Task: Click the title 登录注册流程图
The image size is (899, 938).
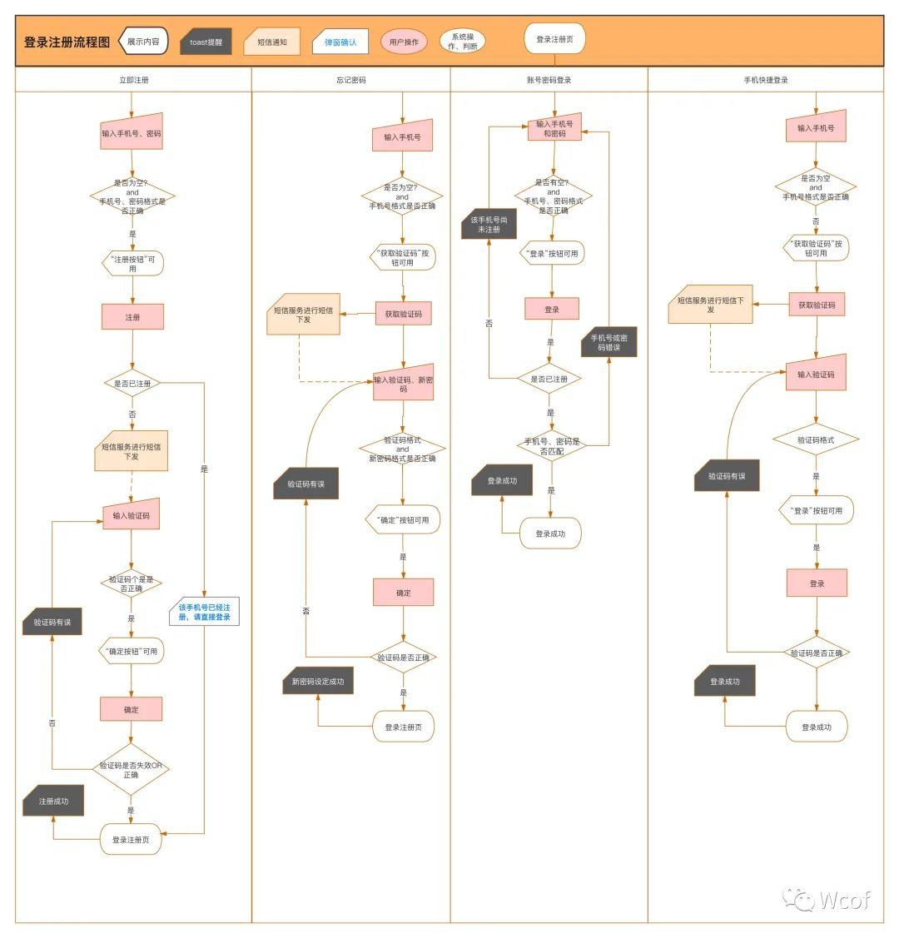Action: coord(67,42)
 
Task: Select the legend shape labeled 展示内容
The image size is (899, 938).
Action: coord(143,42)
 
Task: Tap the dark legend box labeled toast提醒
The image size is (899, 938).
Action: coord(206,42)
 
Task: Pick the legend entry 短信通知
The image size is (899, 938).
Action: coord(271,42)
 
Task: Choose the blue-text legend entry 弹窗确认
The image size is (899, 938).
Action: coord(340,42)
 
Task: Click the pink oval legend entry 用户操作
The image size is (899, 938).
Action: coord(404,42)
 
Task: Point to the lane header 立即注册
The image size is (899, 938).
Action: coord(133,80)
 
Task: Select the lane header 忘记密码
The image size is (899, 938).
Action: coord(351,80)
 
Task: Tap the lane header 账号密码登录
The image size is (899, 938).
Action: coord(549,80)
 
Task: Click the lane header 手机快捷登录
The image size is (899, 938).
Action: coord(766,80)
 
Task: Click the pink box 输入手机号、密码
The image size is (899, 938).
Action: coord(132,132)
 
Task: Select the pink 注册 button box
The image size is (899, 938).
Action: coord(133,317)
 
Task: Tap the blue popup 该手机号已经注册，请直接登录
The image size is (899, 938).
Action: coord(205,612)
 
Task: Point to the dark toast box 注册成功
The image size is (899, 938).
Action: coord(53,801)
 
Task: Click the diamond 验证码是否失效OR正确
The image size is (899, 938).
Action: coord(131,770)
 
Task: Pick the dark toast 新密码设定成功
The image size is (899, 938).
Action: coord(318,682)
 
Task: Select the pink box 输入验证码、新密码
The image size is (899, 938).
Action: coord(403,383)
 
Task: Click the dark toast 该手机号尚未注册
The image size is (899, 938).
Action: coord(489,225)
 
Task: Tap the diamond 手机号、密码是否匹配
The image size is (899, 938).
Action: coord(552,445)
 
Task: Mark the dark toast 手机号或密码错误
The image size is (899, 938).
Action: coord(608,342)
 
